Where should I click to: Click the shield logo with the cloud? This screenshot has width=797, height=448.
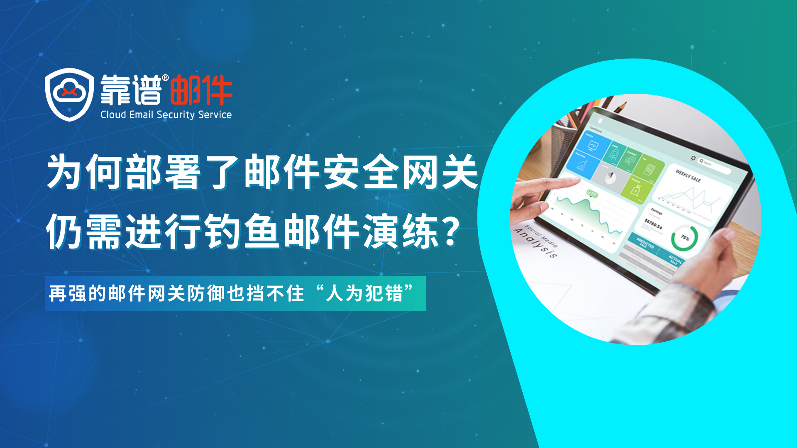(69, 94)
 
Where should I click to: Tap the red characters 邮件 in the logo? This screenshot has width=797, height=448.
(201, 90)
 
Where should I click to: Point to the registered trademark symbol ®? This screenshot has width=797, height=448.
(165, 78)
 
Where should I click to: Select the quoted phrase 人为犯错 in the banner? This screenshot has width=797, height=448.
(364, 294)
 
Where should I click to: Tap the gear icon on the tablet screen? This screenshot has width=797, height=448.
(693, 158)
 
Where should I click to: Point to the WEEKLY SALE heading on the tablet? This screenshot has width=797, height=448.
(688, 176)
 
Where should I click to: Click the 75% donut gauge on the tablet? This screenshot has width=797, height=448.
(685, 238)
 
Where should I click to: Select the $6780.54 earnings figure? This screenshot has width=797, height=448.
(653, 224)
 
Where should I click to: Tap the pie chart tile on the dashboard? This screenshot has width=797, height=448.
(610, 178)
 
